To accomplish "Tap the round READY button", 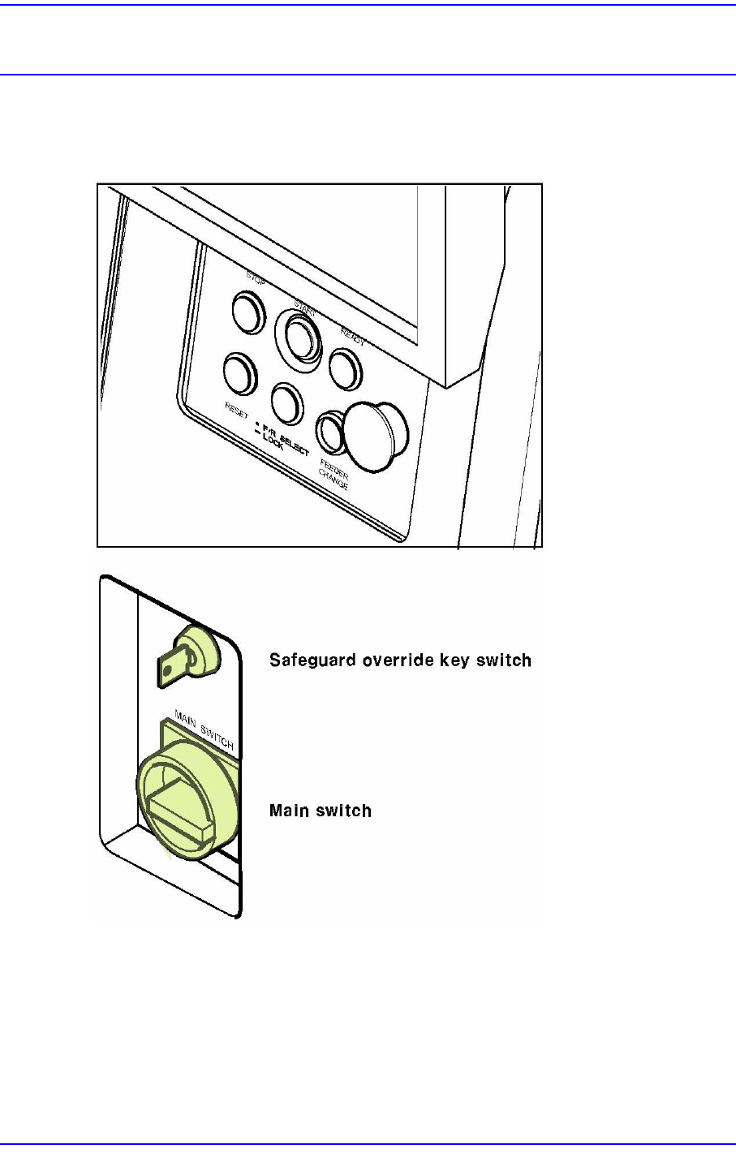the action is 346,367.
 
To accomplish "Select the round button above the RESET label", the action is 240,372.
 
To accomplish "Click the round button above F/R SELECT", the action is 287,400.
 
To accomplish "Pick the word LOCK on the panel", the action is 273,437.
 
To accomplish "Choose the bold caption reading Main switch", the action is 321,811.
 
